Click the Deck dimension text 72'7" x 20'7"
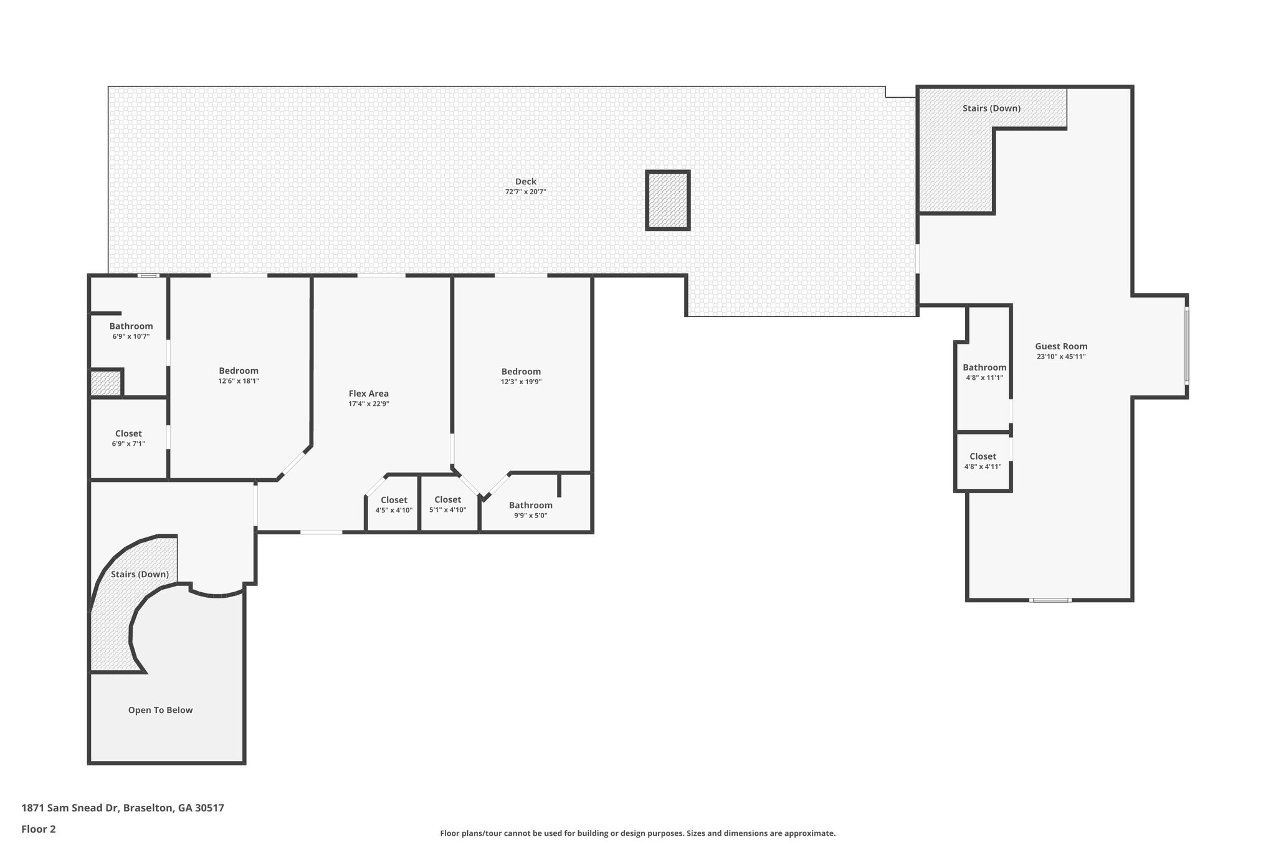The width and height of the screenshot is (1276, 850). (525, 192)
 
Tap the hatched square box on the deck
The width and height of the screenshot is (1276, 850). (667, 201)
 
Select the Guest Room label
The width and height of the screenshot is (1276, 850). (1060, 346)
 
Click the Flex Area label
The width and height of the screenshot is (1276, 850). (368, 394)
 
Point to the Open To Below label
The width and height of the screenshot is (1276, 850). (160, 710)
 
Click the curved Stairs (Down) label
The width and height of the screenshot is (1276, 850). (140, 574)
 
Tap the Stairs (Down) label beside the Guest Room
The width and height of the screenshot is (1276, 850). (991, 108)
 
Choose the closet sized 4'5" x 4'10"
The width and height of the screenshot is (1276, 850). (394, 505)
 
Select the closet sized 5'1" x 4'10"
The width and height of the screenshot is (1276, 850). (447, 504)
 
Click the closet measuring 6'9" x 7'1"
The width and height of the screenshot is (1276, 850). (129, 438)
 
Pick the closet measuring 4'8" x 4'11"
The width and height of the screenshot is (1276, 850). (983, 461)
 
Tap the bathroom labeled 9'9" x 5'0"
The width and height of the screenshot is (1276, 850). (530, 510)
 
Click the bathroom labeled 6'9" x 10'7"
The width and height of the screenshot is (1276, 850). (131, 331)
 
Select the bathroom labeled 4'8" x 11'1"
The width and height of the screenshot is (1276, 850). (984, 372)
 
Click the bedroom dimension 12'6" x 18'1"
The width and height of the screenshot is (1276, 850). (239, 381)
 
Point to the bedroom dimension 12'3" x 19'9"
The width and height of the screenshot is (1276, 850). (521, 382)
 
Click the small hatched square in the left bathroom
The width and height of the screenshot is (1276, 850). (105, 383)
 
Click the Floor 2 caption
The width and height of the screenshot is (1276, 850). (39, 829)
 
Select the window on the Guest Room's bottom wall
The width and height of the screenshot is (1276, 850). (1050, 600)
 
